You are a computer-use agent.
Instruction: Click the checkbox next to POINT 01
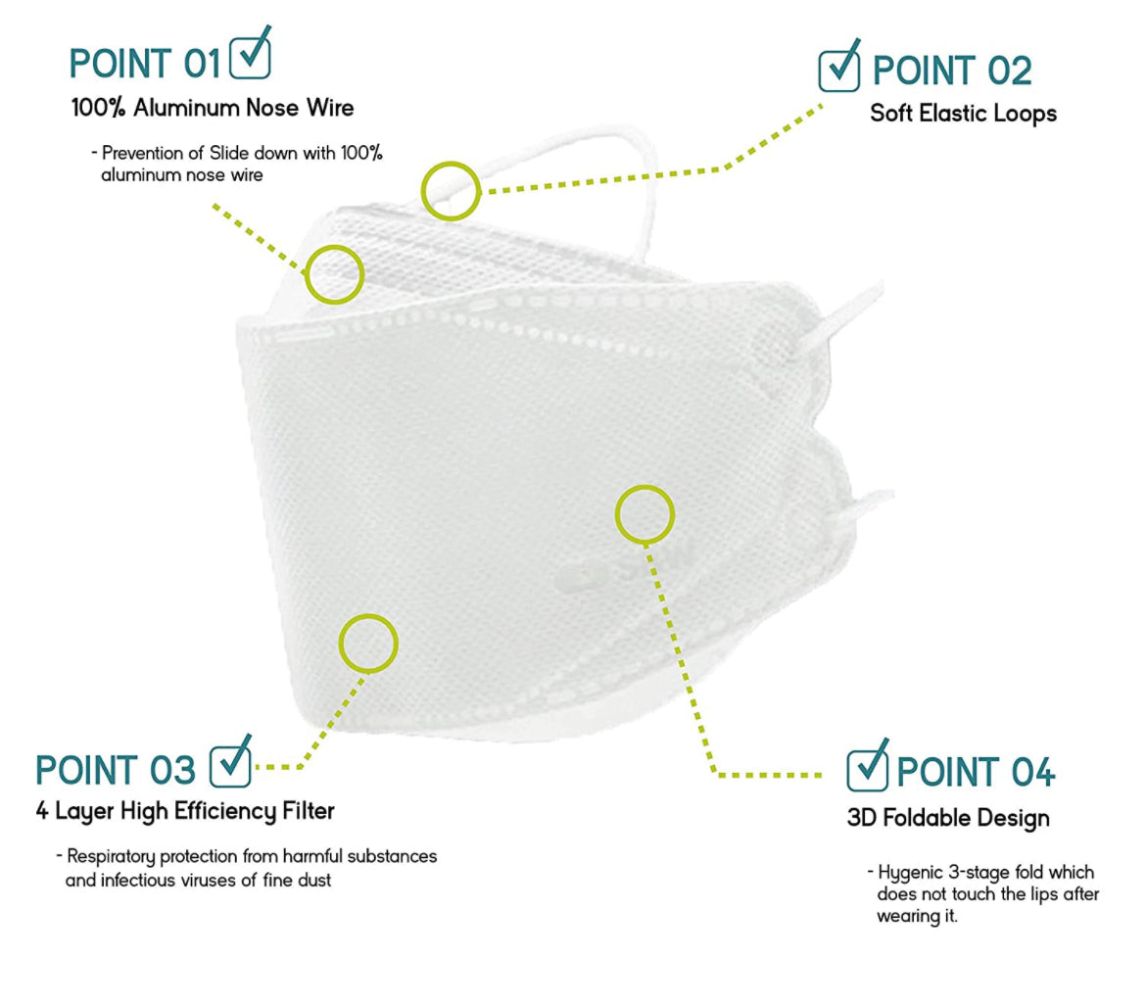(249, 59)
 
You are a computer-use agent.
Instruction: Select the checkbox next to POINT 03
(230, 766)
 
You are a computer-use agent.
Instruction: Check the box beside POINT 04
(867, 770)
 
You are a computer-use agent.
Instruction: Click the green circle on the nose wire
(335, 272)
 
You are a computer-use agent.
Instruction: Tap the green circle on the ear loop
(451, 190)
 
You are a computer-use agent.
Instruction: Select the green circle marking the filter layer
(368, 644)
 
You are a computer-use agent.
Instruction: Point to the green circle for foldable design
(645, 513)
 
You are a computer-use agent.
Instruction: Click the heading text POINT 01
(145, 64)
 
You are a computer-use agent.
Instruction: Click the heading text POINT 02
(952, 72)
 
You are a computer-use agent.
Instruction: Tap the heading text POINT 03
(116, 771)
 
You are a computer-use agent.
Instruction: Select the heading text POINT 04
(976, 773)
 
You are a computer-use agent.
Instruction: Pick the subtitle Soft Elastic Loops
(963, 114)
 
